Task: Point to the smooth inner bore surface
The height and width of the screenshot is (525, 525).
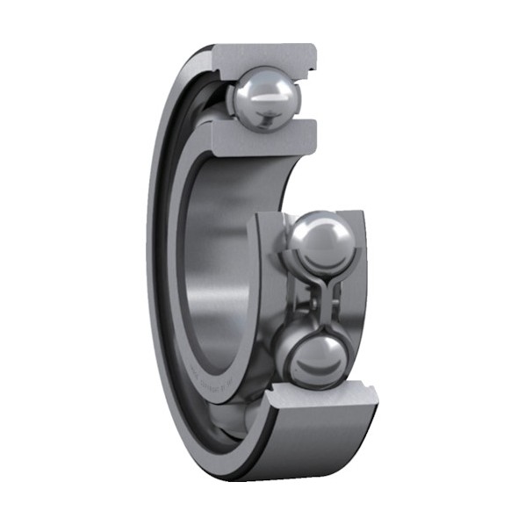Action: pyautogui.click(x=219, y=263)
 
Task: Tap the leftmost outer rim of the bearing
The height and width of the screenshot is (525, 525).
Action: pyautogui.click(x=151, y=263)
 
